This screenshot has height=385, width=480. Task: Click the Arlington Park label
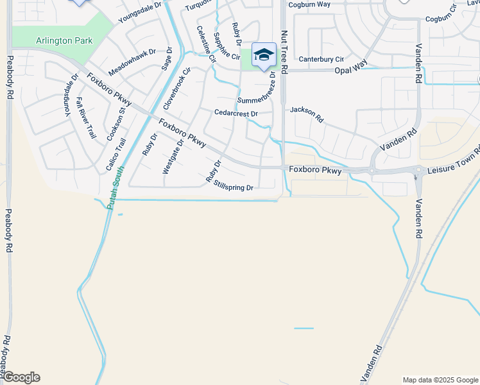64,41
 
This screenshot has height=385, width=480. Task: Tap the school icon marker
264,55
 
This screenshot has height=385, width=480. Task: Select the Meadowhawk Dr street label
132,61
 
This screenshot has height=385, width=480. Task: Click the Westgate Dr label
173,157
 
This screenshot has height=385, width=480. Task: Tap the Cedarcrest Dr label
236,114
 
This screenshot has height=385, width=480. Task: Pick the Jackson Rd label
307,114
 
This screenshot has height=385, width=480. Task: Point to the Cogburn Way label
309,4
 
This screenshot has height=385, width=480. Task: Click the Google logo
21,377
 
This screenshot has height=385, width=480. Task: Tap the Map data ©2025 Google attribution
440,380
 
